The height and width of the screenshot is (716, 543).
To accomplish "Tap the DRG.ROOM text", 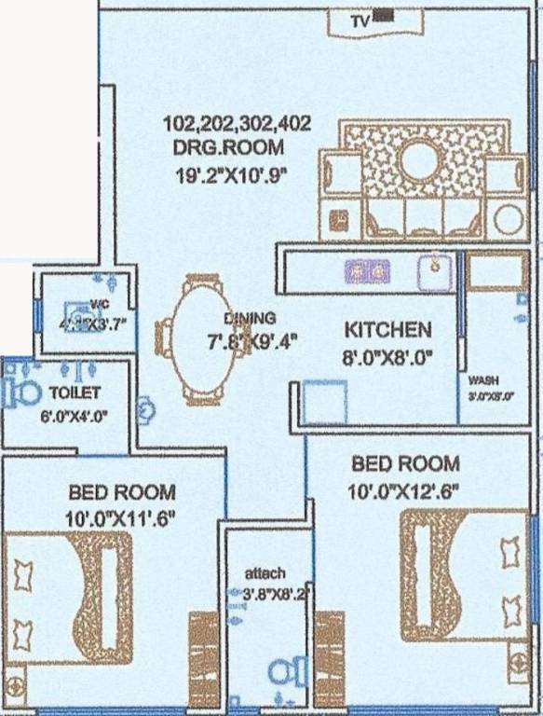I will tap(228, 147).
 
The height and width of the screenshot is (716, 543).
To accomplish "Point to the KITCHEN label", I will tap(388, 329).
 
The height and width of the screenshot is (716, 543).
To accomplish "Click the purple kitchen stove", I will tap(367, 271).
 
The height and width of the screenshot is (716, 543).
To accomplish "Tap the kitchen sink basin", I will tap(434, 271).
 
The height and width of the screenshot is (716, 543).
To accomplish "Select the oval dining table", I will tap(198, 339).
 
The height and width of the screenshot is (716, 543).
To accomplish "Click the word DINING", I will tap(250, 318).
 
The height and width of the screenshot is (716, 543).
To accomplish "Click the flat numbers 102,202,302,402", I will tap(237, 124).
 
